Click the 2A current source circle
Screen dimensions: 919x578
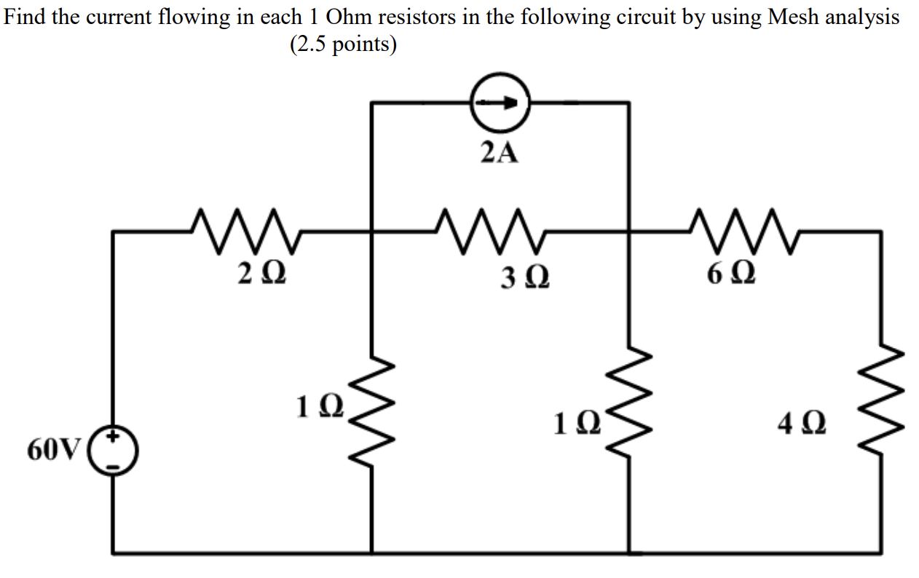(x=500, y=103)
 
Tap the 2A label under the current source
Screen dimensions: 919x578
(x=500, y=152)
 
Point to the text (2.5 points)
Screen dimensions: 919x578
(x=343, y=44)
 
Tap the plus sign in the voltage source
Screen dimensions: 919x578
(x=114, y=439)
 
